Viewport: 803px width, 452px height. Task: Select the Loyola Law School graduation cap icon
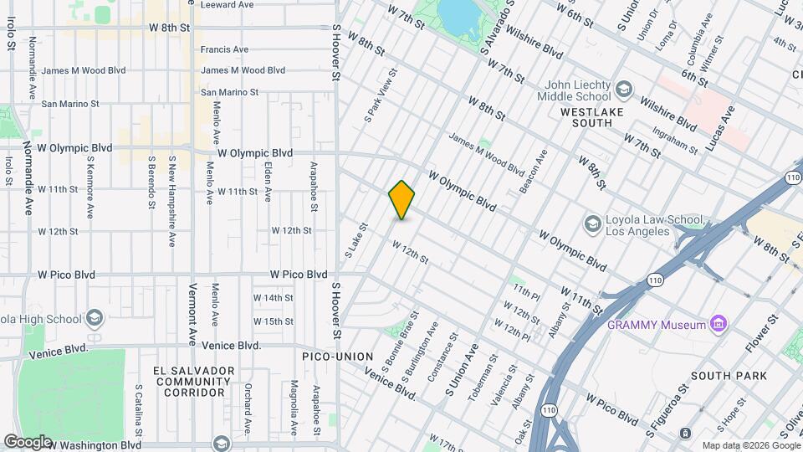pos(593,223)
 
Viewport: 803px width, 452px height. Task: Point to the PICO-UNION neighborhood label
pos(337,357)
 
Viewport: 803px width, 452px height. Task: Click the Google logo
pos(27,441)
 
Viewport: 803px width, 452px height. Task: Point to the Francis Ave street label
pos(224,49)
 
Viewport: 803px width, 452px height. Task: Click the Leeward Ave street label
pos(227,4)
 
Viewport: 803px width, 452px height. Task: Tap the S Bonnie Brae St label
pos(400,345)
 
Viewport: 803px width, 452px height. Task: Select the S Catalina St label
pos(139,412)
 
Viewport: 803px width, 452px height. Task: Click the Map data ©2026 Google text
pos(749,445)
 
